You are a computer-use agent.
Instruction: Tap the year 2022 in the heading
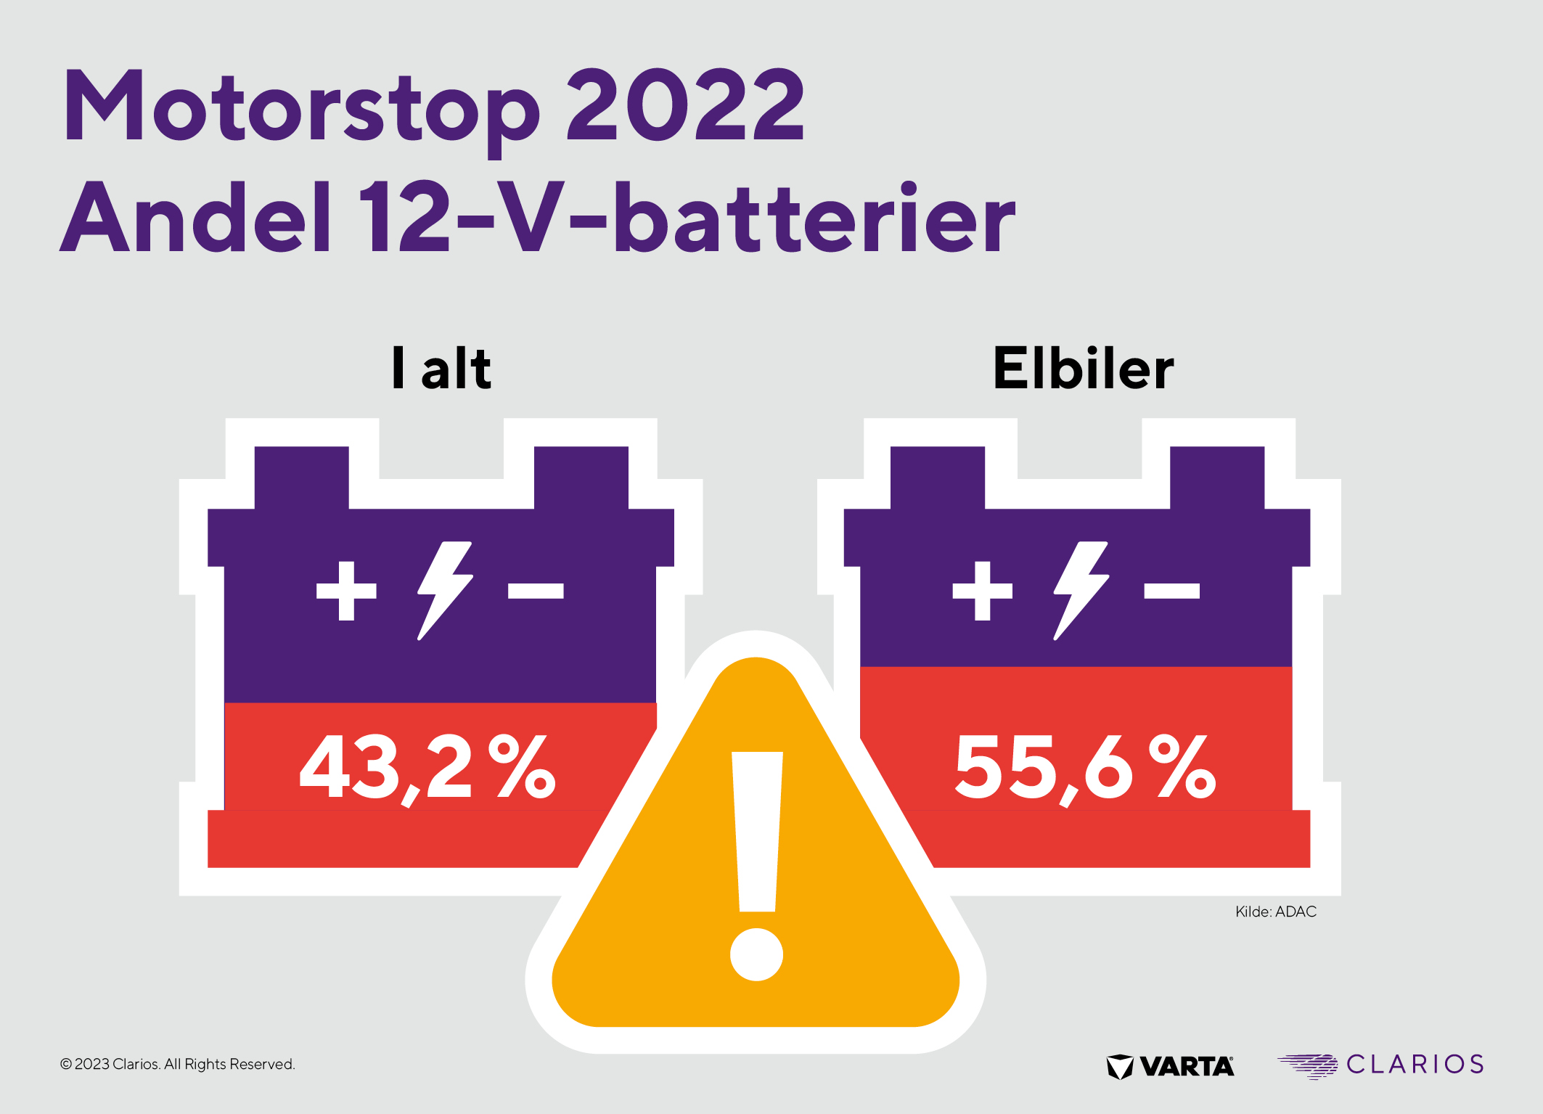pyautogui.click(x=685, y=105)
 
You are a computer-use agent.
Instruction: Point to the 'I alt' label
pyautogui.click(x=441, y=369)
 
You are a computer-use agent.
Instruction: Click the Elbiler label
pyautogui.click(x=1083, y=369)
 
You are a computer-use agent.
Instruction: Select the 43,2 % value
pyautogui.click(x=428, y=768)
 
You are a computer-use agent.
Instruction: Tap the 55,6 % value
pyautogui.click(x=1085, y=768)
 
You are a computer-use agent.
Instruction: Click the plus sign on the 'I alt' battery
pyautogui.click(x=346, y=591)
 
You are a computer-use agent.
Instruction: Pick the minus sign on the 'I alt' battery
pyautogui.click(x=536, y=591)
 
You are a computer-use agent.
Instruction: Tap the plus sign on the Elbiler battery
pyautogui.click(x=982, y=591)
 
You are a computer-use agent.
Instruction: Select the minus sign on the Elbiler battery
pyautogui.click(x=1171, y=591)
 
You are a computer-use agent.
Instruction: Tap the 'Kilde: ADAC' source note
pyautogui.click(x=1275, y=912)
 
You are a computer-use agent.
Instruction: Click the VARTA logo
pyautogui.click(x=1170, y=1066)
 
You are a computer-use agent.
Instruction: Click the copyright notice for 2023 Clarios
pyautogui.click(x=177, y=1064)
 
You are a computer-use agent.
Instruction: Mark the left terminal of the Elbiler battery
pyautogui.click(x=937, y=477)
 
